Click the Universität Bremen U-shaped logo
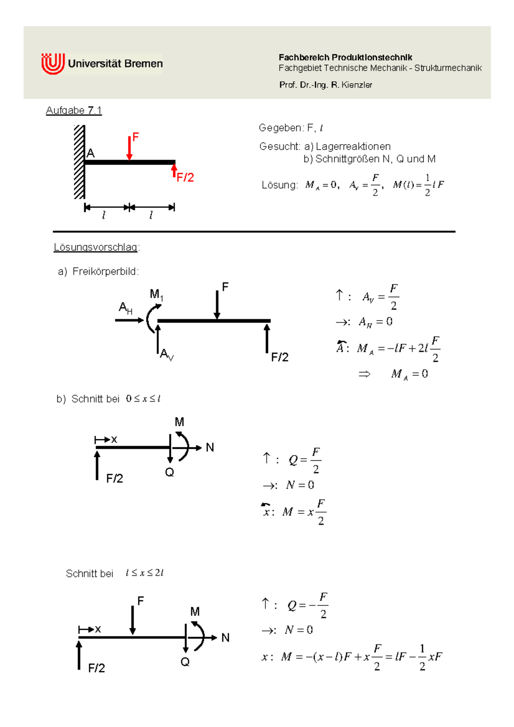click(53, 64)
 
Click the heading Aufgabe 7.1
click(74, 110)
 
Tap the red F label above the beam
click(136, 137)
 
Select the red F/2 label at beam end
click(185, 178)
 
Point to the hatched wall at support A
click(80, 162)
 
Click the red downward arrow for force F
click(129, 148)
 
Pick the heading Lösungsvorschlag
click(96, 247)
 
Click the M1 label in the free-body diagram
click(156, 295)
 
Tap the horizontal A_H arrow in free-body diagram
click(129, 320)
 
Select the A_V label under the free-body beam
click(167, 355)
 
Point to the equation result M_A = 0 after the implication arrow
click(409, 374)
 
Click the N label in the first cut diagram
click(210, 447)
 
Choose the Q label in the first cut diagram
click(170, 472)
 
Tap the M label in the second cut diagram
click(195, 612)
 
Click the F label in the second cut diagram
click(140, 601)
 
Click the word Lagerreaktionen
click(353, 147)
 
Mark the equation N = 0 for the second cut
click(299, 630)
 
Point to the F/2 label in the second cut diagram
click(96, 668)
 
